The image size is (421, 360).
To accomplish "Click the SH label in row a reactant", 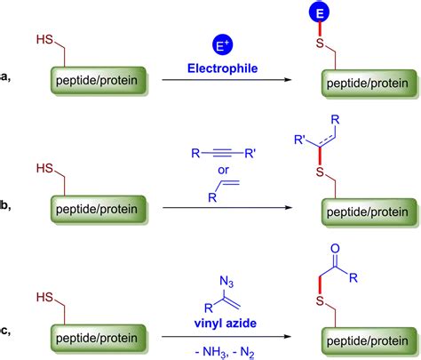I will tap(44, 39).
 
